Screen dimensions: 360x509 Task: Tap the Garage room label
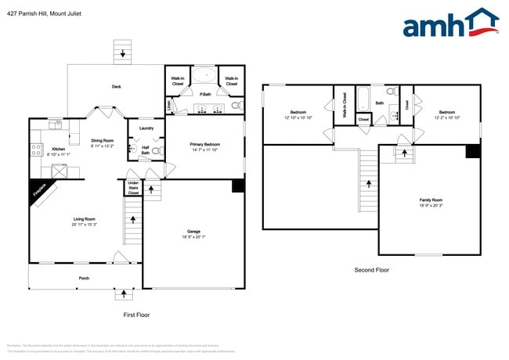point(193,231)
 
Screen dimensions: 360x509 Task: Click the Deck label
point(116,86)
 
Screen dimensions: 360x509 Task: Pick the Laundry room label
point(146,128)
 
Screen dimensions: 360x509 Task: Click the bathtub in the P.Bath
point(206,76)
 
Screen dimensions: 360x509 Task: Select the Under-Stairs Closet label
point(133,188)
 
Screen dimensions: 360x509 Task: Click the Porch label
point(84,278)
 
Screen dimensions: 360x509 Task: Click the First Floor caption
point(137,315)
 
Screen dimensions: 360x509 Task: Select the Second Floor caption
point(372,270)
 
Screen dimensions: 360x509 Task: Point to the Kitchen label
point(59,149)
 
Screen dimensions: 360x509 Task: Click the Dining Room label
point(103,140)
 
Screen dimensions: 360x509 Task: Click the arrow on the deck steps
point(122,54)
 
